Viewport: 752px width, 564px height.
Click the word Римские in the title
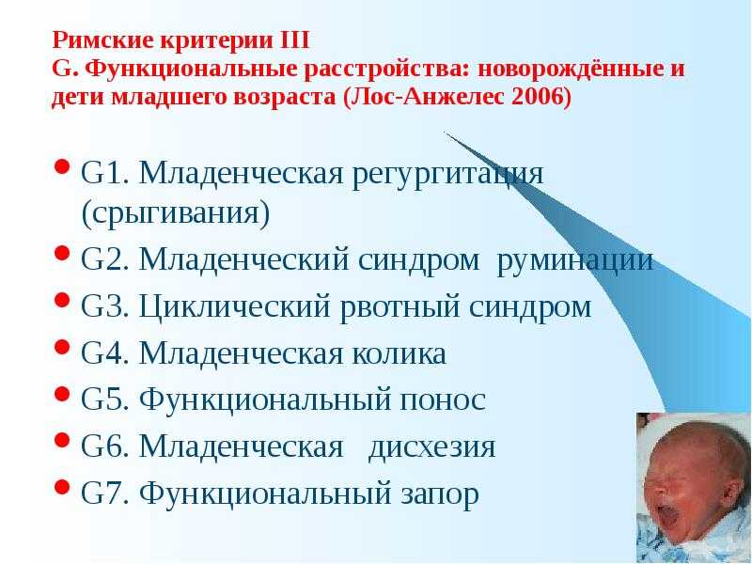[x=104, y=40]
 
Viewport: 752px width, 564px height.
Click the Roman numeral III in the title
[x=292, y=39]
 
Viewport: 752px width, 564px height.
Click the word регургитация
[x=448, y=175]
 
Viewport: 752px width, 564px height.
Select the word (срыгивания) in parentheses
[x=176, y=214]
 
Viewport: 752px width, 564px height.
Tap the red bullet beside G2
[x=62, y=253]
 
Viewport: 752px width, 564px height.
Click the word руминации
[x=574, y=261]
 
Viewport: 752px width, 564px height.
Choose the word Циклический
[x=234, y=307]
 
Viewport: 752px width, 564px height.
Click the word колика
[x=399, y=353]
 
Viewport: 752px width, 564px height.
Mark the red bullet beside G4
[x=62, y=347]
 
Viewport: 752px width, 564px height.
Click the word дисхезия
[x=432, y=447]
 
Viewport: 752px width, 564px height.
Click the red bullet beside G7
[x=62, y=488]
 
